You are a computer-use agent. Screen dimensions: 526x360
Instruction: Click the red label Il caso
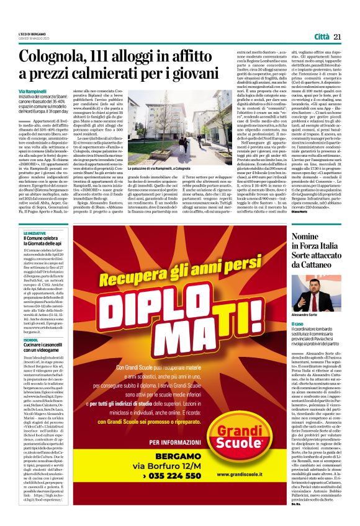pos(297,323)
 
